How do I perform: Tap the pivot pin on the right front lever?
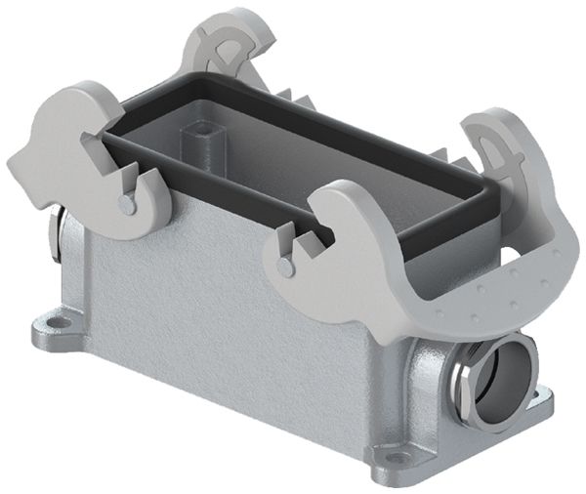pyautogui.click(x=284, y=266)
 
